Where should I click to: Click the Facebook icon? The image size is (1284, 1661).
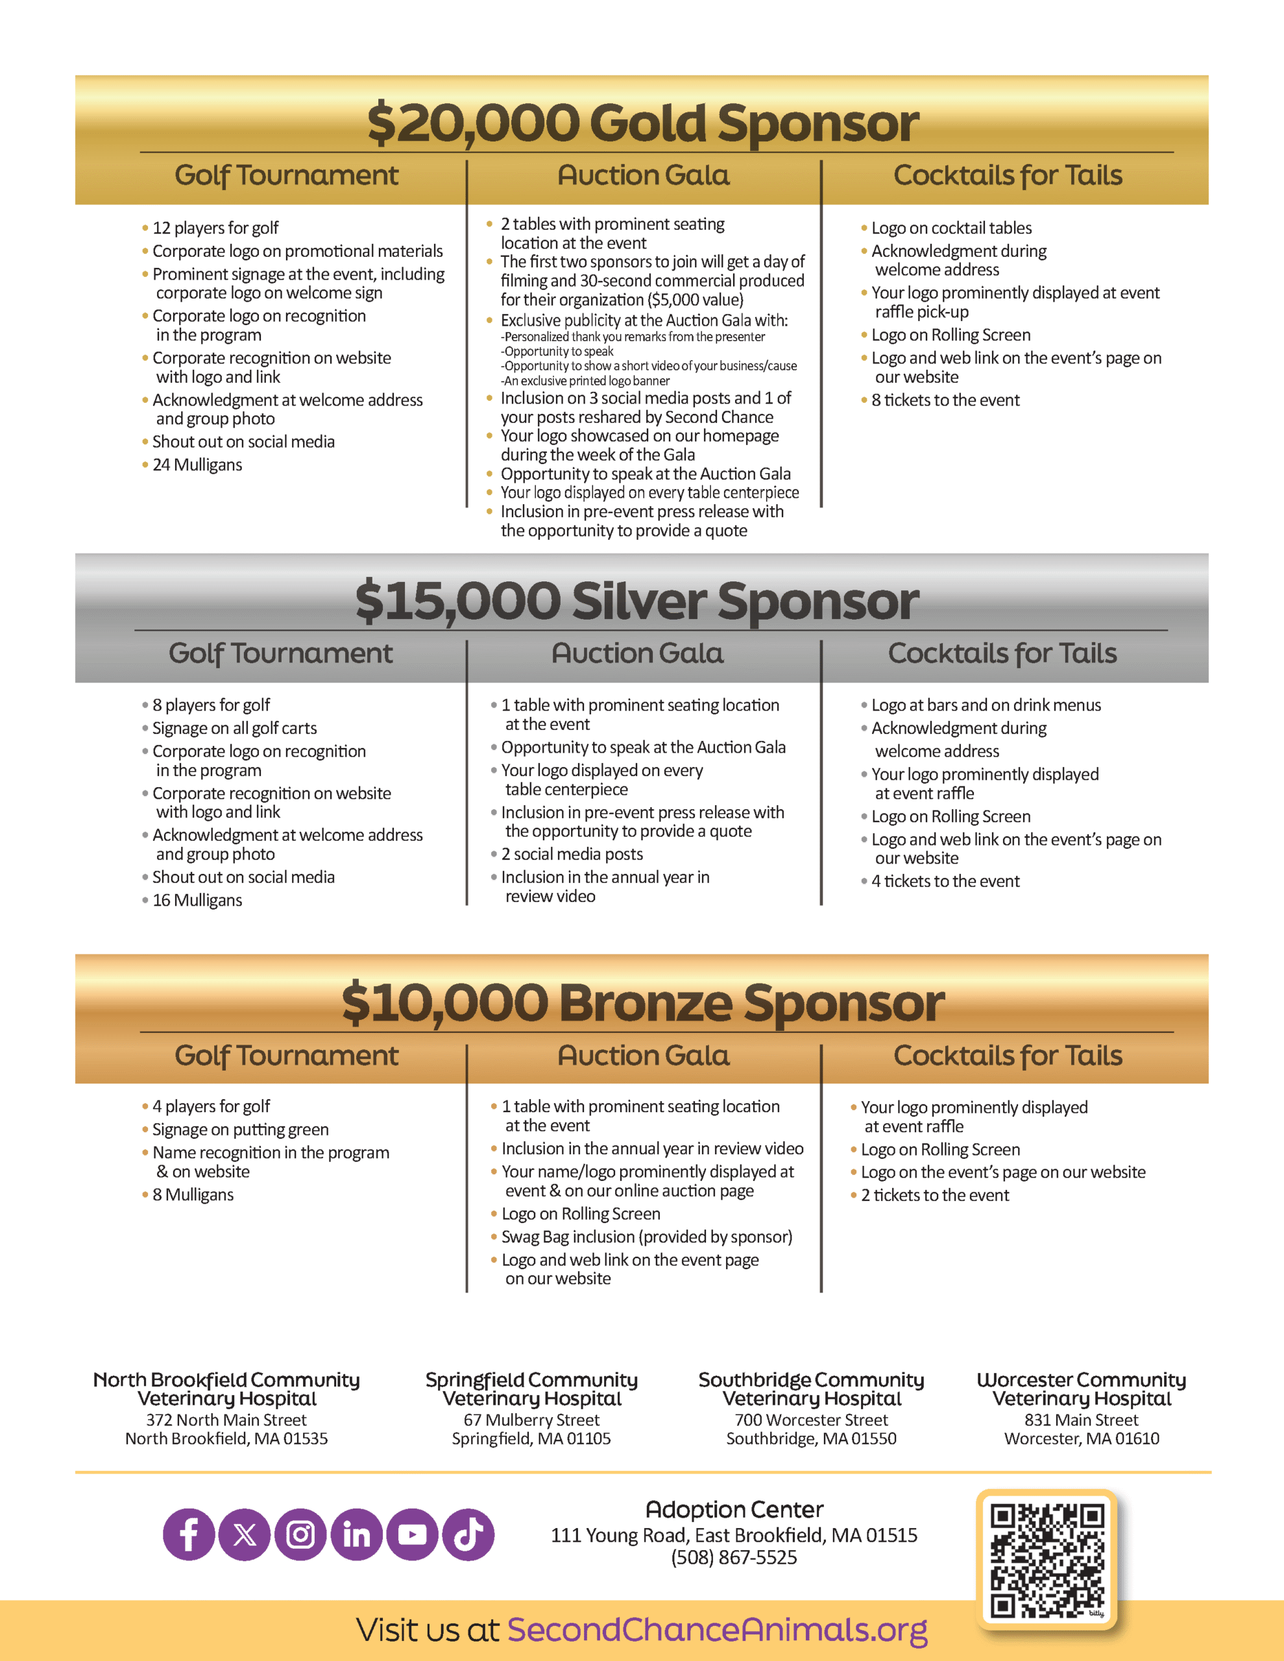[189, 1534]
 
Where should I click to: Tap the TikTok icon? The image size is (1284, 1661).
[468, 1534]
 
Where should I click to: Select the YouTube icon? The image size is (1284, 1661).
[412, 1534]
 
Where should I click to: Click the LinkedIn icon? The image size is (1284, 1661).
[357, 1534]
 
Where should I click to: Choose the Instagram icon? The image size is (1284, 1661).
[300, 1534]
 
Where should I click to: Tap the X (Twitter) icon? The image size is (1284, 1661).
[244, 1534]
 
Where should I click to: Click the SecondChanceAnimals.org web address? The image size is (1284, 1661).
[718, 1630]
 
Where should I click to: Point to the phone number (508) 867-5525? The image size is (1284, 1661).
[734, 1558]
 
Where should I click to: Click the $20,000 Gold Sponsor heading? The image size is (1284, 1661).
[643, 123]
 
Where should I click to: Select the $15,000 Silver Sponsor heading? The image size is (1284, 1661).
[637, 601]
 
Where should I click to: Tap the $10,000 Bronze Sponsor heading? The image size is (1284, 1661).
[643, 1002]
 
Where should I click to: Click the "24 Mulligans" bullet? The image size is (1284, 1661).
[197, 465]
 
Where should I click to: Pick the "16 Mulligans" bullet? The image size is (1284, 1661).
[197, 900]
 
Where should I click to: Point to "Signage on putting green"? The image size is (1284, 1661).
[240, 1130]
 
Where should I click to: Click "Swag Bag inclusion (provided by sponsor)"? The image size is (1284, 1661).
[647, 1237]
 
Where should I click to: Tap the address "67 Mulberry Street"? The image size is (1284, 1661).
[532, 1420]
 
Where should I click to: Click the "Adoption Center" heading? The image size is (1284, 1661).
[734, 1510]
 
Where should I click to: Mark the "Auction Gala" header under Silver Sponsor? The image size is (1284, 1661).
[637, 653]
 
